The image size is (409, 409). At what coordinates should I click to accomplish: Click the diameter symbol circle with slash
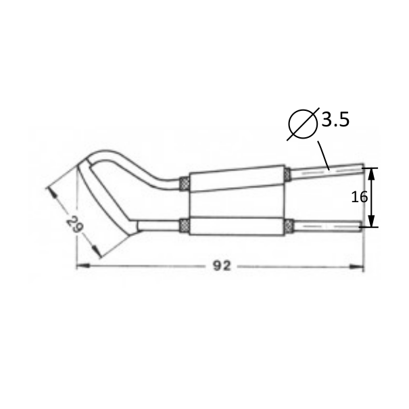tap(303, 122)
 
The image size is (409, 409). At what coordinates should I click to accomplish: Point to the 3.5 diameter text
tap(335, 121)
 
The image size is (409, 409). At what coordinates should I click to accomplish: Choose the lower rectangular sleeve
tap(237, 226)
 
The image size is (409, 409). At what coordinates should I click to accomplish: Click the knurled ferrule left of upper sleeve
tap(183, 184)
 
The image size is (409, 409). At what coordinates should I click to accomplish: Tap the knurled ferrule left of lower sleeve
tap(183, 226)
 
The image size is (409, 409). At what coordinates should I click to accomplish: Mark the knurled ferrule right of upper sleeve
tap(288, 174)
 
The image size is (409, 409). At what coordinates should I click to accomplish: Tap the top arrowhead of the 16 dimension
tap(371, 172)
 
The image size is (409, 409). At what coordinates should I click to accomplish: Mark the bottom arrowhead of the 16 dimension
tap(371, 222)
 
